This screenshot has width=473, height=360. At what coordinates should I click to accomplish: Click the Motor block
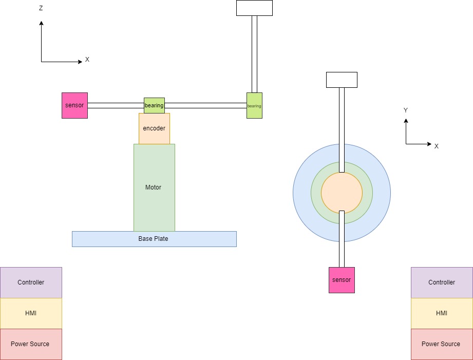154,187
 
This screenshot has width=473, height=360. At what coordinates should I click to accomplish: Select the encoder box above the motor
154,128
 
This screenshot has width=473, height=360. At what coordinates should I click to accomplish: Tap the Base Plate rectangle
154,239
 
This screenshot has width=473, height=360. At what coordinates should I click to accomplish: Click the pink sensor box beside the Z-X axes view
74,105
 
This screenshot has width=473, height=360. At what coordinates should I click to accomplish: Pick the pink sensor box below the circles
342,280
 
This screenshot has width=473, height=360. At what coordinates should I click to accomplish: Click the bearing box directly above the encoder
154,105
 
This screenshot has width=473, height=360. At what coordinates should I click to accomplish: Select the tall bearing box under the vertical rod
254,106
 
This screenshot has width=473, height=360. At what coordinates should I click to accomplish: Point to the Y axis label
406,110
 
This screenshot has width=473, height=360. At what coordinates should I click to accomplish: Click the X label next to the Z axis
87,60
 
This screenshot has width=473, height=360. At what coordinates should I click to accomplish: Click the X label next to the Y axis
437,146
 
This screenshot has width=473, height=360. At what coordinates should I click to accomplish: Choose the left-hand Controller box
31,282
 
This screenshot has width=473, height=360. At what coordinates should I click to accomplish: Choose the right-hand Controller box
442,282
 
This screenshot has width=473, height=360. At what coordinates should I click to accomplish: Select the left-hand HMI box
31,313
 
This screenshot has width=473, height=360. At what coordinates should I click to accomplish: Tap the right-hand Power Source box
442,344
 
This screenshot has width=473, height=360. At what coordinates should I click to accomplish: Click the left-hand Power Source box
31,344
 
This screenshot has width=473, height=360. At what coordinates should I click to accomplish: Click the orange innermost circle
342,193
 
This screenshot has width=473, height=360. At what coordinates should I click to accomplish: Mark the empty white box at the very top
254,8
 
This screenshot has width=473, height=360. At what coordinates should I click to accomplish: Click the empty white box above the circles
342,80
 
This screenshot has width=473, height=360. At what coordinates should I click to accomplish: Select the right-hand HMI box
442,313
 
